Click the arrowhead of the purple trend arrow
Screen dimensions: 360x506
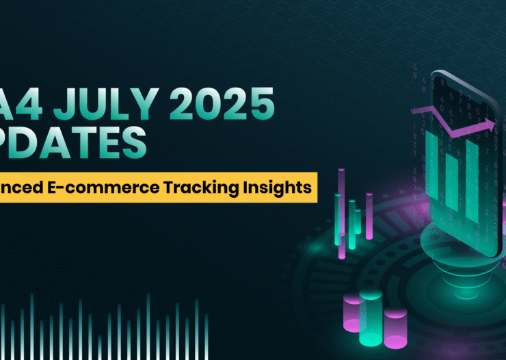pos(490,124)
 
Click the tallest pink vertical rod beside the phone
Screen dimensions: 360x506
pos(341,212)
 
